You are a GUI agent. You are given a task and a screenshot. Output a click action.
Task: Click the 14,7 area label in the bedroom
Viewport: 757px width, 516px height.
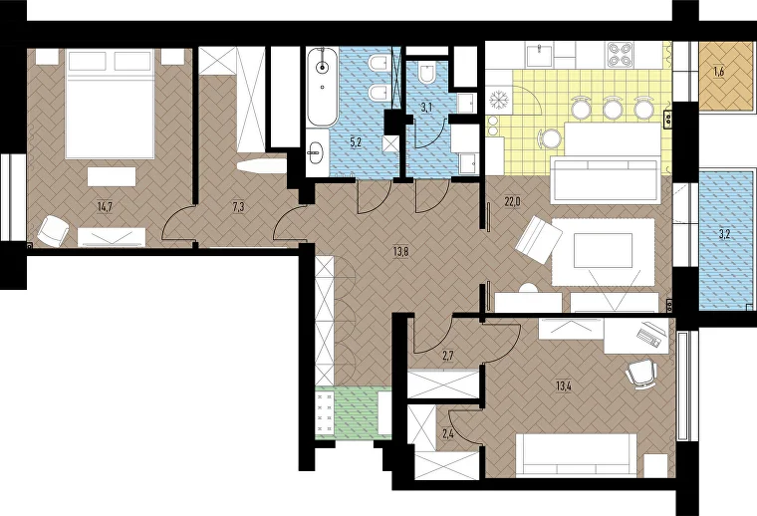(106, 207)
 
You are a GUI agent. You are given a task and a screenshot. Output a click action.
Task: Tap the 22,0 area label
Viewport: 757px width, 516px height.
(512, 202)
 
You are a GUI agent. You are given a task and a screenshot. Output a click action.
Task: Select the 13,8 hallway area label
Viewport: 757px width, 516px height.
(400, 251)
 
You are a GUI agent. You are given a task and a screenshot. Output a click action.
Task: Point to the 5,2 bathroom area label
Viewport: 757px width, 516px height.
(356, 141)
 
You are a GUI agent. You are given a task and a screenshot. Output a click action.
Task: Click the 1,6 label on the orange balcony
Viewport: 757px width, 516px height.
(719, 73)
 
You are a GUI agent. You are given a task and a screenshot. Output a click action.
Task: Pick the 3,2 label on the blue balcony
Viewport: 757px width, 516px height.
(724, 235)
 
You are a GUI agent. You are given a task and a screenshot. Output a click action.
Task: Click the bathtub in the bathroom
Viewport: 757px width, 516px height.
(323, 87)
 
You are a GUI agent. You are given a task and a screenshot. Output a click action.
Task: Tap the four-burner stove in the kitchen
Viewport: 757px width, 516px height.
(621, 54)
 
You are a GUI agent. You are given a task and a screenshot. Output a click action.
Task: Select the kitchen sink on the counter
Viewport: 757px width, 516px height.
(540, 54)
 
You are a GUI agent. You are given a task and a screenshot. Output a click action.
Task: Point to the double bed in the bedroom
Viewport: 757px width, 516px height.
(111, 103)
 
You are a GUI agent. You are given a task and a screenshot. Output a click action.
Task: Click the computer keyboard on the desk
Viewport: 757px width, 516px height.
(648, 338)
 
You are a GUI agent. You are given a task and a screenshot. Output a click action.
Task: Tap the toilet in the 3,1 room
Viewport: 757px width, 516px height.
(427, 73)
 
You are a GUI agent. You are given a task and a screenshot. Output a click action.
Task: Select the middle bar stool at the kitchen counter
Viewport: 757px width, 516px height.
(613, 108)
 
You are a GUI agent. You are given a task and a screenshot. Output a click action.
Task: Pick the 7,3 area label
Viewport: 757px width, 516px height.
(238, 207)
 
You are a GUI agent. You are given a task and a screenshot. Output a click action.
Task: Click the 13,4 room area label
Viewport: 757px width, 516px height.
(564, 387)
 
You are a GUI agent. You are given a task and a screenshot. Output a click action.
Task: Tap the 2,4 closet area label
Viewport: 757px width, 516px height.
(448, 434)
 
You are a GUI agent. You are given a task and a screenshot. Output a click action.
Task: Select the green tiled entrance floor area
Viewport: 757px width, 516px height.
(354, 411)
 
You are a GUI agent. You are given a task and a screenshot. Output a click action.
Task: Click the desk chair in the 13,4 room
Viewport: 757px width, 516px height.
(641, 375)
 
